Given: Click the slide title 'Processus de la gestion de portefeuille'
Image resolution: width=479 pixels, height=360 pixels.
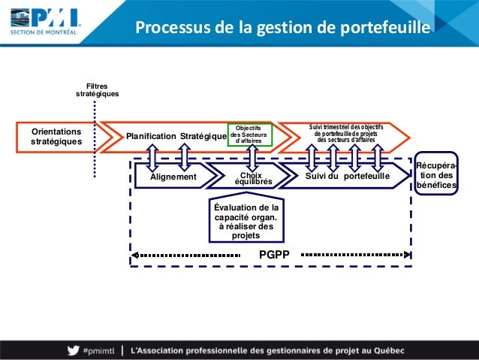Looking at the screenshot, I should click(282, 28).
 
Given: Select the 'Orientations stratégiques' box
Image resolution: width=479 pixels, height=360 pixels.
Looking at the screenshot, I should click(56, 135).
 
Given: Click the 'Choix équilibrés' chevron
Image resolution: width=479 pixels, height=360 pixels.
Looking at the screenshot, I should click(250, 177).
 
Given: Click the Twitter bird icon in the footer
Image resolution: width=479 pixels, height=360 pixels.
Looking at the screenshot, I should click(72, 349).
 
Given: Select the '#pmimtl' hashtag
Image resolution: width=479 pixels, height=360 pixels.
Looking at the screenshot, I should click(98, 350).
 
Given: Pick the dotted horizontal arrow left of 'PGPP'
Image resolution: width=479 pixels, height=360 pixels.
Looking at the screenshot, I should click(191, 255).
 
